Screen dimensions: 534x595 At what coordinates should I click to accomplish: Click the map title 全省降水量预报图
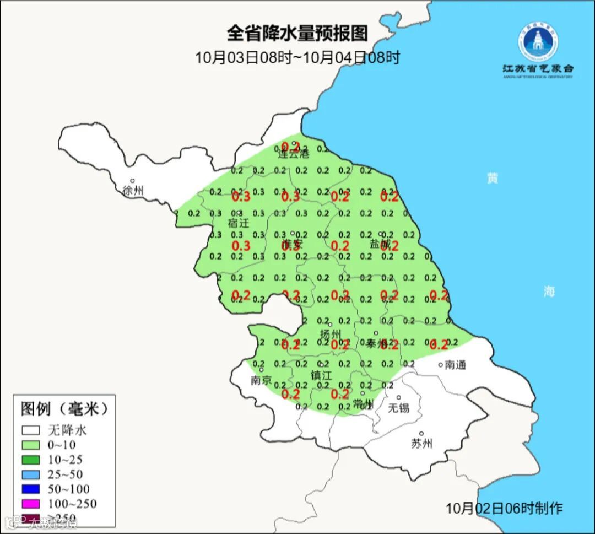297,33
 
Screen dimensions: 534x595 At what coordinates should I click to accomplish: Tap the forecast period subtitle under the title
297,57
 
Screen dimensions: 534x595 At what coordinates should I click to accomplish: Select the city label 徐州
133,191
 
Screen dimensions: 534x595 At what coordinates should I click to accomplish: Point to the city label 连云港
293,154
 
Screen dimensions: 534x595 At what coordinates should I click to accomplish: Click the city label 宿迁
239,223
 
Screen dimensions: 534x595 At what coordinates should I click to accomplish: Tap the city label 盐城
380,243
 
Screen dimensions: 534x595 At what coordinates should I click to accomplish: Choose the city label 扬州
331,335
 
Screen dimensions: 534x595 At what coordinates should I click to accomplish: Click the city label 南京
261,380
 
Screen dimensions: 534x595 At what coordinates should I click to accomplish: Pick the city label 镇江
321,375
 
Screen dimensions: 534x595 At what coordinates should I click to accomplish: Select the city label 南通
456,365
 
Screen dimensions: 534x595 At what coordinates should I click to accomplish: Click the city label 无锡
399,408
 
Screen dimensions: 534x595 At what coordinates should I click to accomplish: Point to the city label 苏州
422,444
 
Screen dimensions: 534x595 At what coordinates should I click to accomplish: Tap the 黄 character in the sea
492,179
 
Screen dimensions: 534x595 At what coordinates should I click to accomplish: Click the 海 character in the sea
549,292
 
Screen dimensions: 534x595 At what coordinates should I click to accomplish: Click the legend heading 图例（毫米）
65,409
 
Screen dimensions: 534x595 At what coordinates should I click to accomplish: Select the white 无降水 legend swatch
31,430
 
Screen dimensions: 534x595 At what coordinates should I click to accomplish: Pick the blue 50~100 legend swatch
31,489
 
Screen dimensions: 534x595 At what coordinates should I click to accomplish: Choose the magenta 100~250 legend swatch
31,504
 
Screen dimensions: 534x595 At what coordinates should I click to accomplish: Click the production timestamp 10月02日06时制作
505,508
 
